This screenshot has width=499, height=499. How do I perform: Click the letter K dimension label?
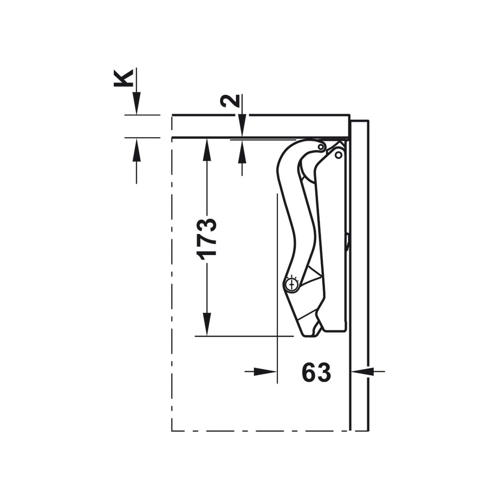(x=123, y=78)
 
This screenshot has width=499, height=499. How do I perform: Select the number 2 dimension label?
(x=230, y=101)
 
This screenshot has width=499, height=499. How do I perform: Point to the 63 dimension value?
(x=316, y=372)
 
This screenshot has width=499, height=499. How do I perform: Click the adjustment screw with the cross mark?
(x=291, y=284)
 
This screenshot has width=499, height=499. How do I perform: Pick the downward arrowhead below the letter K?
(x=137, y=103)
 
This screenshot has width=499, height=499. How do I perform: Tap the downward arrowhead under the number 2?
(x=242, y=126)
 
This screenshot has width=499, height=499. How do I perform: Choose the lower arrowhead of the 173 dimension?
(x=207, y=324)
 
